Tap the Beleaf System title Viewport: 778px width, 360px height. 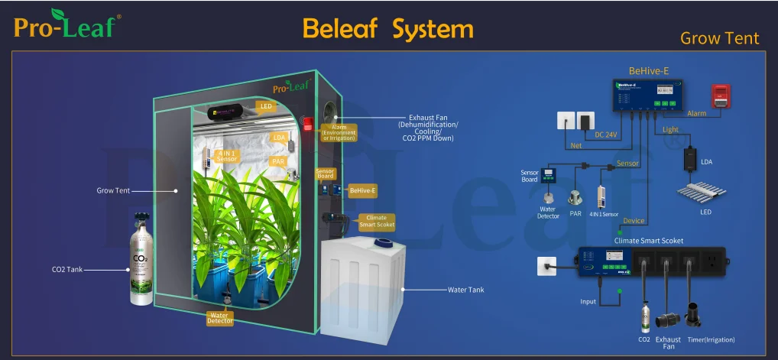pyautogui.click(x=387, y=28)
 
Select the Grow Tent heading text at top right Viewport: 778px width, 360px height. pyautogui.click(x=719, y=38)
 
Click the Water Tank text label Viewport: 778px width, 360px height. pyautogui.click(x=465, y=290)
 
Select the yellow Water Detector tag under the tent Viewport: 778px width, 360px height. pyautogui.click(x=219, y=317)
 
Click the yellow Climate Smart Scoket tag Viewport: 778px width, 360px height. pyautogui.click(x=375, y=222)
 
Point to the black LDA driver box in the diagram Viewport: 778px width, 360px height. pyautogui.click(x=694, y=158)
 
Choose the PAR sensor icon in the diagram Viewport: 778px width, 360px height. pyautogui.click(x=575, y=197)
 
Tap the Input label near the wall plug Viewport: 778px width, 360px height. pyautogui.click(x=588, y=302)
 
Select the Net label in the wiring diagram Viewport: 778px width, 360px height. pyautogui.click(x=575, y=144)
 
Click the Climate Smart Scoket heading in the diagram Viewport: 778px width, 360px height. pyautogui.click(x=649, y=241)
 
